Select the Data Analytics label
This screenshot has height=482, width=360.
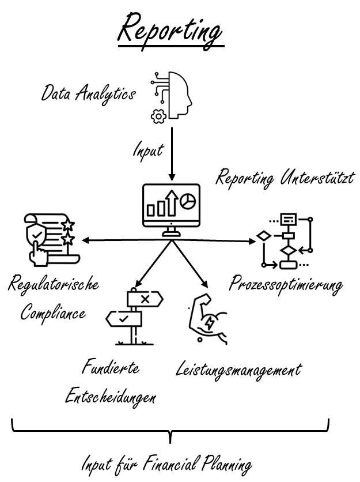(x=89, y=93)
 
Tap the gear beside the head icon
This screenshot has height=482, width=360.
(x=158, y=116)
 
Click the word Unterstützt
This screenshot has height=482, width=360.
(x=317, y=178)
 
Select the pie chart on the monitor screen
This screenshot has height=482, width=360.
(x=188, y=201)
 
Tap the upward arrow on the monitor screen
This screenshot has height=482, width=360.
(x=172, y=203)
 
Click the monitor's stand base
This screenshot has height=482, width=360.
(x=172, y=234)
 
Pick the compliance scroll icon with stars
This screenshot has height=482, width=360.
(x=52, y=240)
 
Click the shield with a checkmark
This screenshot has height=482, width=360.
(x=37, y=236)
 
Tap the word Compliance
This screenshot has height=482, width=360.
(x=53, y=313)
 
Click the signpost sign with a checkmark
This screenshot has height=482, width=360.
(x=124, y=319)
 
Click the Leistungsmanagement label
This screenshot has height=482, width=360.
(x=238, y=370)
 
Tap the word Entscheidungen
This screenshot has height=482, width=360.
(x=111, y=397)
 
